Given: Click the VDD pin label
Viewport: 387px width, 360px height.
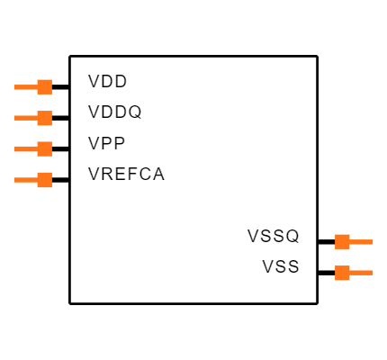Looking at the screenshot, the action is pos(107,81).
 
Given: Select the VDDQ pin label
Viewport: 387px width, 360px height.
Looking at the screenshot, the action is pos(114,112).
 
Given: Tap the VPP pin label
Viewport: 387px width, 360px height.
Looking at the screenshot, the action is pos(106,143).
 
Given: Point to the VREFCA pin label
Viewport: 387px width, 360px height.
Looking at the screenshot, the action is pos(126,175).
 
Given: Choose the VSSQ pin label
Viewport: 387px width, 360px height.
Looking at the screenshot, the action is pos(274,236).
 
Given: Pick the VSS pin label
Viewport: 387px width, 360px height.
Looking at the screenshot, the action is pos(281,266).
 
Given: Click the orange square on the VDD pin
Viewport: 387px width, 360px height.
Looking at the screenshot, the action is pos(45,87).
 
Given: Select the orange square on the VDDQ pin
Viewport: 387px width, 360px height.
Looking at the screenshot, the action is pos(45,118).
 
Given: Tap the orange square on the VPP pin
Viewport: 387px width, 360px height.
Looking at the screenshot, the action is pos(45,149).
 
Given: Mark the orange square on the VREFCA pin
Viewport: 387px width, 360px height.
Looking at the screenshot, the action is pos(45,180).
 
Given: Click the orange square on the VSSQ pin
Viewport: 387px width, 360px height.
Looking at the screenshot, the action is pos(342,242).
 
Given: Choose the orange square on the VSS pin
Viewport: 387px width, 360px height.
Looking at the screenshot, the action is pos(342,273).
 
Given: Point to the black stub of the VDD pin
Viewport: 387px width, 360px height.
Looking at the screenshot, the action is pos(61,87).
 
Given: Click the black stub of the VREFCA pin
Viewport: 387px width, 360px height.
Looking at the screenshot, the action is pos(61,180).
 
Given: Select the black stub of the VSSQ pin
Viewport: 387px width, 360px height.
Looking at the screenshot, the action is pos(327,242).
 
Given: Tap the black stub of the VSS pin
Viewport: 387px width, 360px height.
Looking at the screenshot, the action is pos(327,273).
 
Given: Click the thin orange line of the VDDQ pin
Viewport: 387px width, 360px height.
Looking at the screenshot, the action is pos(26,118).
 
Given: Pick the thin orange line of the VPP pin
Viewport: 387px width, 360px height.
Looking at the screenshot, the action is pos(26,149).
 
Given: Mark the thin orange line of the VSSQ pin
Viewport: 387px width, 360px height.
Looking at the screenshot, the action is pos(361,242).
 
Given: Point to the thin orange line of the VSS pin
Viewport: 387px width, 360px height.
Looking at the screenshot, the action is pos(361,273).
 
